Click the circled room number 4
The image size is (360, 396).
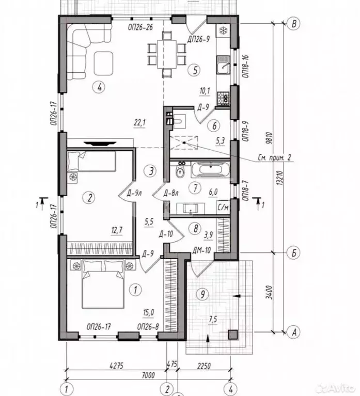99,87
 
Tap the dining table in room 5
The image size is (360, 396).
167,54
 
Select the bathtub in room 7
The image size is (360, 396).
210,169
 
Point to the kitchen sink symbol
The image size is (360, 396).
223,65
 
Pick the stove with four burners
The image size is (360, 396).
223,98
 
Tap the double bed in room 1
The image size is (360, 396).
103,284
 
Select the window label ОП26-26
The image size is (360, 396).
140,27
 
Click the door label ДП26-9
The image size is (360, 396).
198,39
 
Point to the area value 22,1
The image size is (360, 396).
139,123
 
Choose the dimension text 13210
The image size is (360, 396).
279,179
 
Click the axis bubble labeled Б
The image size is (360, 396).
294,252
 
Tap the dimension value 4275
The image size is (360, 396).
116,366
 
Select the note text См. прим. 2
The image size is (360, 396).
274,157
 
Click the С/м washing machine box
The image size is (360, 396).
223,208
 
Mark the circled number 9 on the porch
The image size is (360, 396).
202,294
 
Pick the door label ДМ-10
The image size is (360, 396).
201,250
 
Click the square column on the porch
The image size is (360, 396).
233,335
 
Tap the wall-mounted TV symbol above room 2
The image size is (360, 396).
100,144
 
